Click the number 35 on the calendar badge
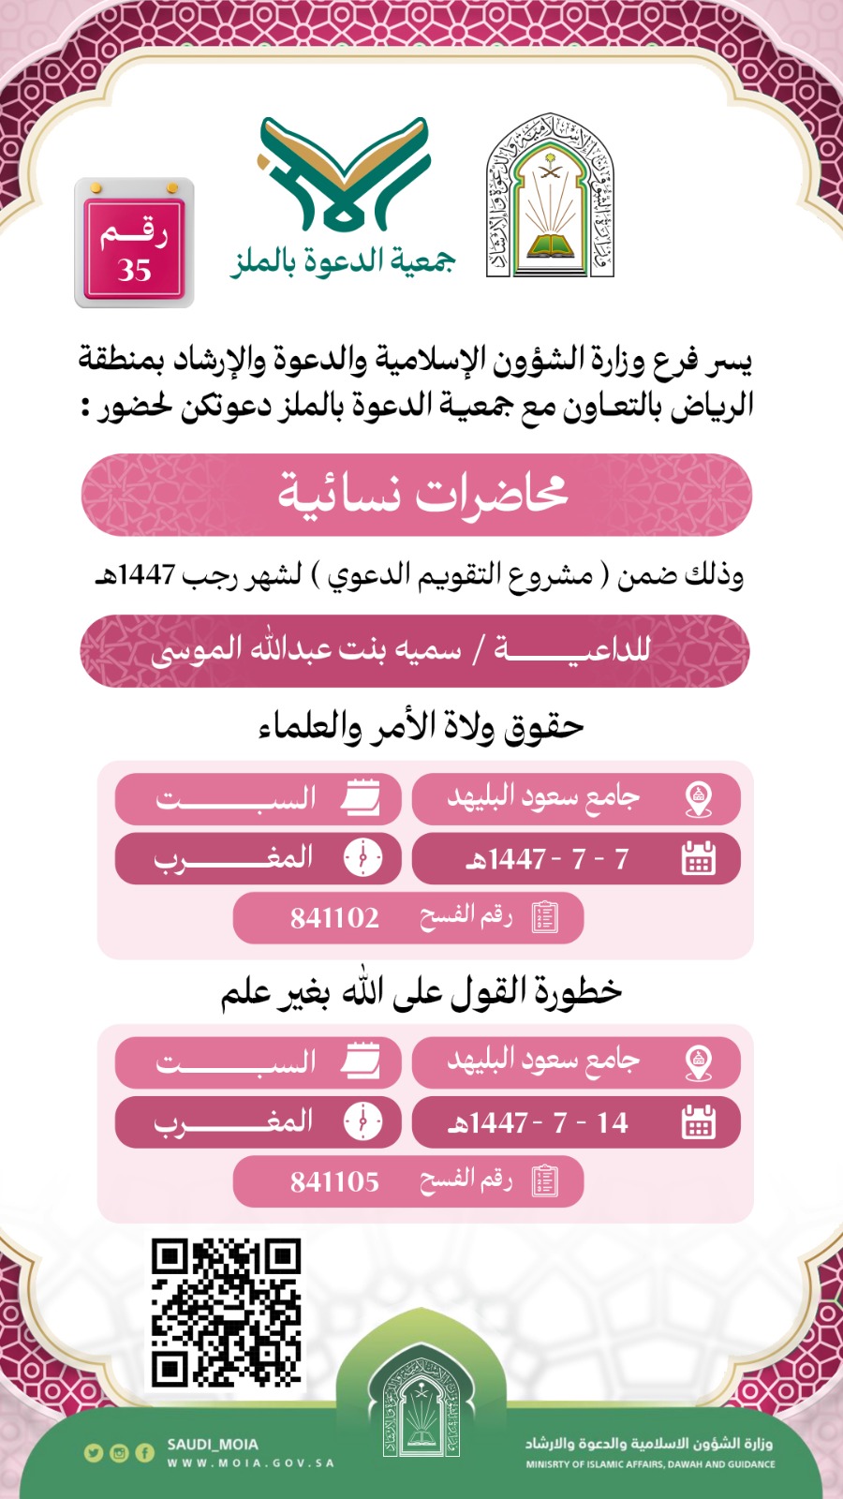pyautogui.click(x=135, y=270)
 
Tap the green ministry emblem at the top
pyautogui.click(x=550, y=197)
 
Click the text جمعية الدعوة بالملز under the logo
pyautogui.click(x=344, y=260)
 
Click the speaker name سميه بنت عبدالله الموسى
pyautogui.click(x=306, y=650)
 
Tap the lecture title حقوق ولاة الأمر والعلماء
pyautogui.click(x=421, y=726)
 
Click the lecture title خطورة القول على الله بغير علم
pyautogui.click(x=421, y=991)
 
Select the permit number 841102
pyautogui.click(x=334, y=918)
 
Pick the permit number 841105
pyautogui.click(x=334, y=1182)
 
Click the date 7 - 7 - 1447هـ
pyautogui.click(x=548, y=859)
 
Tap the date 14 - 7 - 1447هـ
pyautogui.click(x=539, y=1123)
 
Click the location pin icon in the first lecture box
pyautogui.click(x=699, y=798)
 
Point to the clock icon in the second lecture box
pyautogui.click(x=363, y=1121)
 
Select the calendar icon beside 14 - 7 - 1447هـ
pyautogui.click(x=699, y=1122)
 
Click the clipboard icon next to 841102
pyautogui.click(x=544, y=917)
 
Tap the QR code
pyautogui.click(x=226, y=1313)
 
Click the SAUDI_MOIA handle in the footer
pyautogui.click(x=213, y=1445)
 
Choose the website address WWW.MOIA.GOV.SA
pyautogui.click(x=250, y=1463)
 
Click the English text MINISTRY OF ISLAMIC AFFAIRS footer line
pyautogui.click(x=650, y=1464)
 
